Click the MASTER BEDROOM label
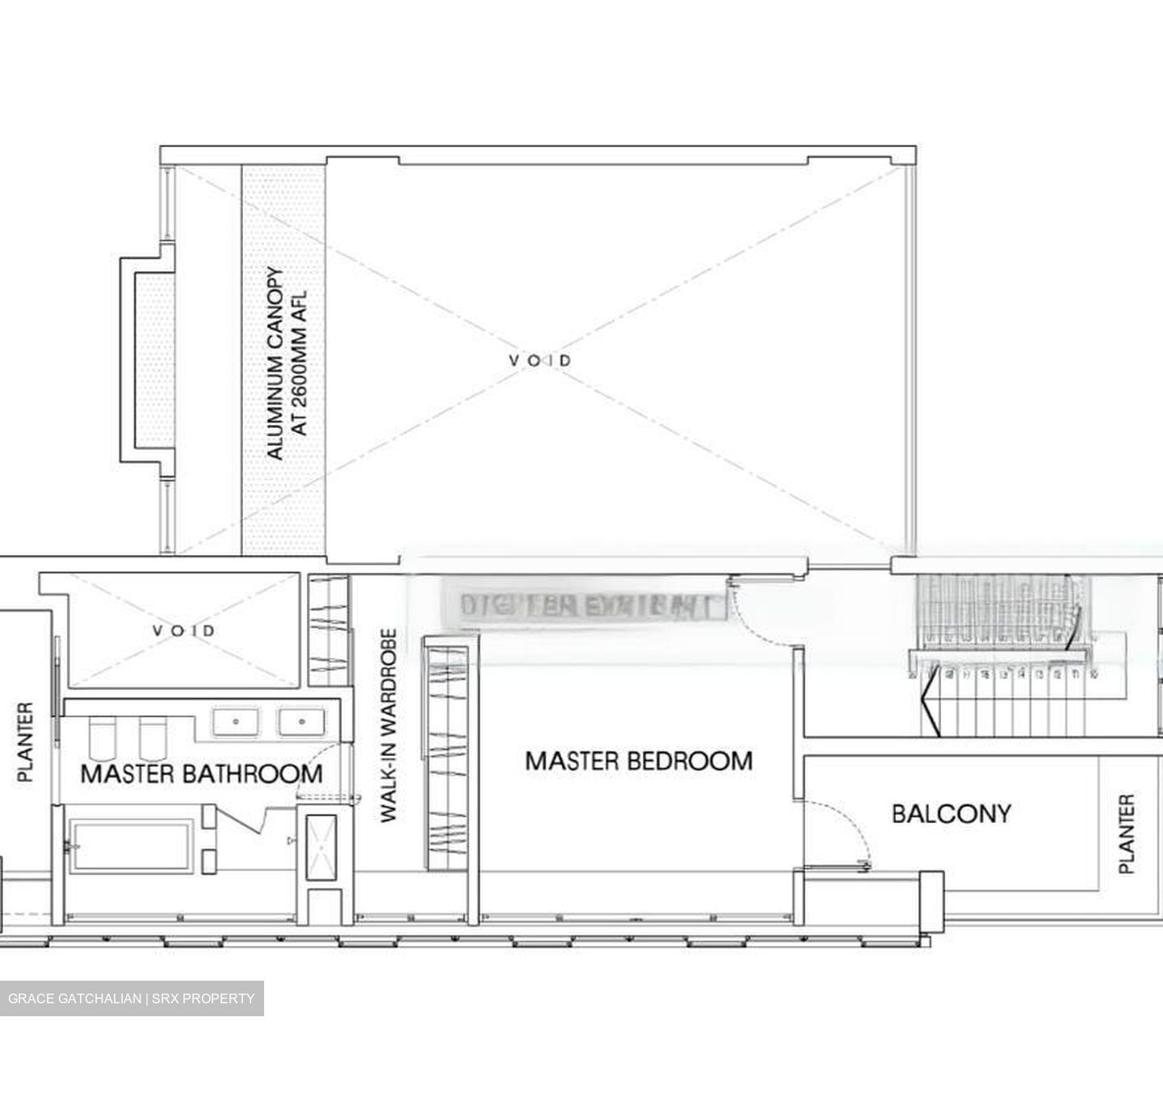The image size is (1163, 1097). click(x=638, y=761)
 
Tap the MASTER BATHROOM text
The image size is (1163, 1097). click(x=201, y=774)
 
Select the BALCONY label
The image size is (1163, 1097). click(x=951, y=813)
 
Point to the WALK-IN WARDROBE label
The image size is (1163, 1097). click(x=389, y=725)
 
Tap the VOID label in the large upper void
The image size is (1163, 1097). click(x=540, y=360)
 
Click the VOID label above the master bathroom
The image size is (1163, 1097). click(x=183, y=630)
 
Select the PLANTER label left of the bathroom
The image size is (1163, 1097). click(x=26, y=742)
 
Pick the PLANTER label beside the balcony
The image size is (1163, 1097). click(x=1127, y=834)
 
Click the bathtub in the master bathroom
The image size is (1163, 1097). click(x=131, y=846)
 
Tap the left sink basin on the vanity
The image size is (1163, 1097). click(x=236, y=721)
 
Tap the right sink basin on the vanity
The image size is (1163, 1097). click(x=302, y=721)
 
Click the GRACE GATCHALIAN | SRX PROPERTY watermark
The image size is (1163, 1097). click(x=131, y=998)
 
